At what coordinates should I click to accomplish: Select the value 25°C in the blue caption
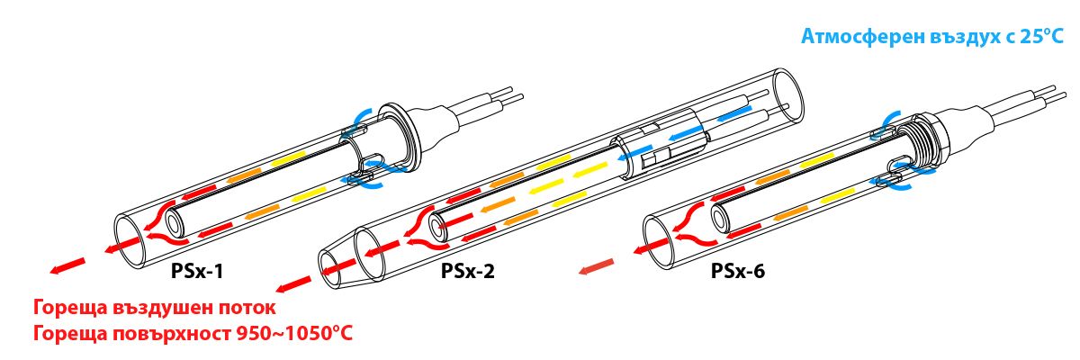pyautogui.click(x=1041, y=38)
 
